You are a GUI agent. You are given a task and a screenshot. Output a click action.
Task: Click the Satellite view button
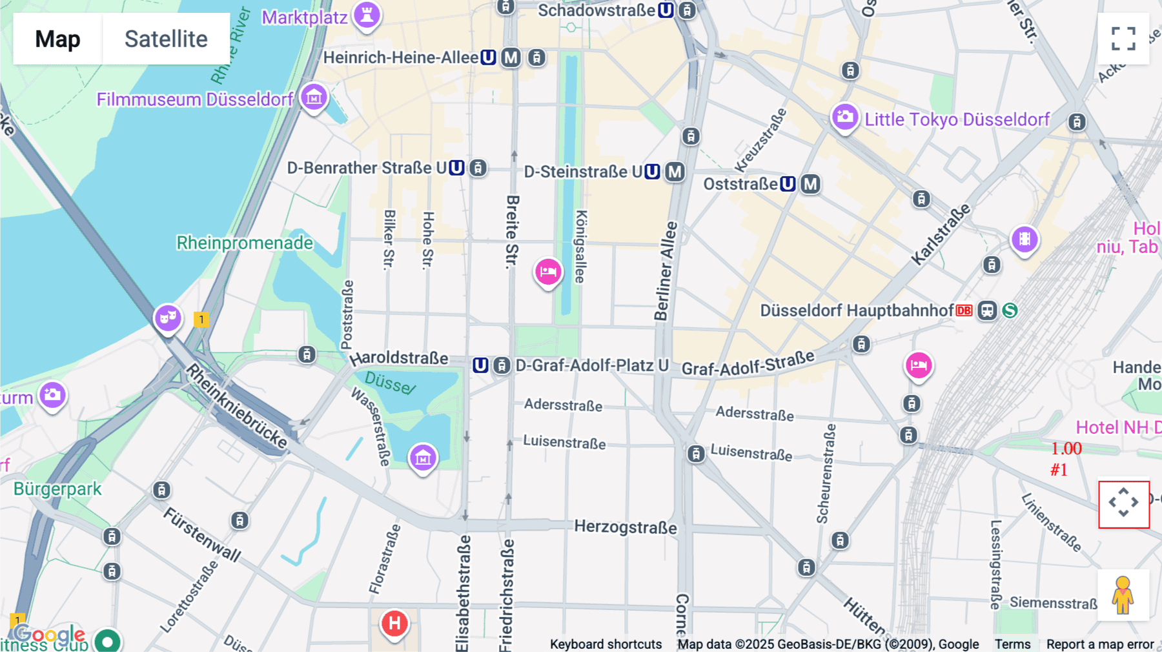click(x=166, y=39)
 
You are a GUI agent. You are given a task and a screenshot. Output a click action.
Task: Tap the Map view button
click(x=57, y=39)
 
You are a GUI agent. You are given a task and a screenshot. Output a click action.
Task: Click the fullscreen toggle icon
click(x=1123, y=39)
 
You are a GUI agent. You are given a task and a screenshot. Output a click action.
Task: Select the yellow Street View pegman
click(x=1123, y=595)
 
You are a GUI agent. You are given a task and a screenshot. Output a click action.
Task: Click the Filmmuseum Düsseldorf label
click(x=195, y=99)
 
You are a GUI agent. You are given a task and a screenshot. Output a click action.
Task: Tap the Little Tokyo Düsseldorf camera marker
click(x=844, y=117)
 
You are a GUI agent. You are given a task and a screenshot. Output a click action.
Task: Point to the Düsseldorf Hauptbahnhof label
click(x=856, y=311)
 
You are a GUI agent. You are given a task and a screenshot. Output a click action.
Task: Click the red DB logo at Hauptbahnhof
click(x=964, y=311)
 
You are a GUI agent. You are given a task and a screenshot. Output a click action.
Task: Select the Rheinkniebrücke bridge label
click(x=236, y=405)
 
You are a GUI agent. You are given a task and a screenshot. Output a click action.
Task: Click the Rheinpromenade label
click(x=245, y=243)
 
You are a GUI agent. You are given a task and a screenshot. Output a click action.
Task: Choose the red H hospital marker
click(x=394, y=624)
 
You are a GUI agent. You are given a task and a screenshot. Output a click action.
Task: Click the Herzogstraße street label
click(x=626, y=527)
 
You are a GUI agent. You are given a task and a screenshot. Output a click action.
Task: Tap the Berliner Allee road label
click(x=666, y=271)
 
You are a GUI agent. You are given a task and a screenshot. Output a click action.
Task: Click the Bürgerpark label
click(x=57, y=489)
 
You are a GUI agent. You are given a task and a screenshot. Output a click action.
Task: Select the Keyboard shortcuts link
click(x=606, y=644)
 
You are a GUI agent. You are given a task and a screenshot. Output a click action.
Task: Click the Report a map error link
click(x=1100, y=644)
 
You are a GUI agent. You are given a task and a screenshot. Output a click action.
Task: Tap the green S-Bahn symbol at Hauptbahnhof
click(x=1010, y=311)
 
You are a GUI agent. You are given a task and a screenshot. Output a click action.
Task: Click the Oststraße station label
click(x=740, y=184)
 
